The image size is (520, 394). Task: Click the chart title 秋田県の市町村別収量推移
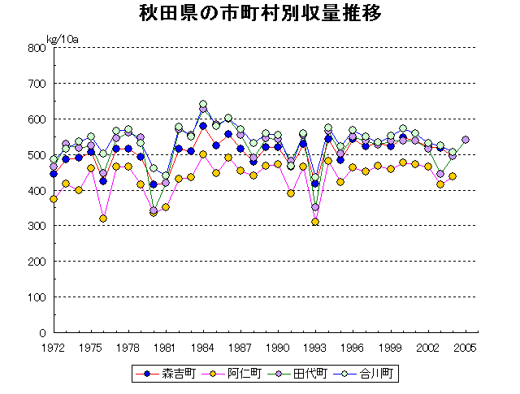[x=260, y=15]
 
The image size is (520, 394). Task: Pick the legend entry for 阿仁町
[x=235, y=374]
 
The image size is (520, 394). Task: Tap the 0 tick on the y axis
[x=41, y=333]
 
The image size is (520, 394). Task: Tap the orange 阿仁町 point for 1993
[x=315, y=222]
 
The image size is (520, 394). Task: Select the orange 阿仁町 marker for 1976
[x=103, y=219]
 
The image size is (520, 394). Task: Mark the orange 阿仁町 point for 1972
[x=54, y=199]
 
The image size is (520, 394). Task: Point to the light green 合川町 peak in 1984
[x=203, y=104]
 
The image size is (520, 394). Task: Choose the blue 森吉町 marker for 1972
[x=54, y=174]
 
